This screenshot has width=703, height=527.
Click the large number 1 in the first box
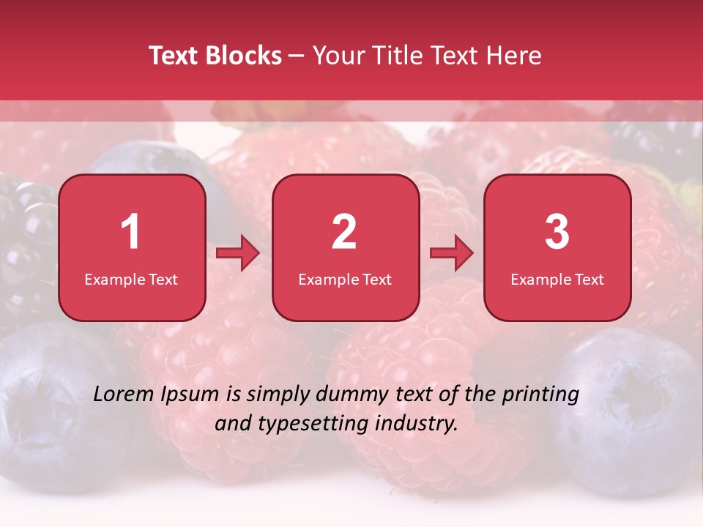click(x=130, y=232)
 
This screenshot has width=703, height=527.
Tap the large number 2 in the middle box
click(x=344, y=232)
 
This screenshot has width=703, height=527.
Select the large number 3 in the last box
click(x=557, y=232)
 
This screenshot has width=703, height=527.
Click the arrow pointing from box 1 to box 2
click(x=238, y=254)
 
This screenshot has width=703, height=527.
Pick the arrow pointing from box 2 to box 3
click(x=452, y=254)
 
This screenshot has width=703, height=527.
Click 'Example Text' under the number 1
click(x=131, y=279)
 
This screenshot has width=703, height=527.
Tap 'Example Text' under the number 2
click(x=345, y=279)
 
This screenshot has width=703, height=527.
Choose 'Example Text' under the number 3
click(x=557, y=279)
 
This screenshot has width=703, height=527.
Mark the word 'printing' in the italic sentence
click(x=540, y=395)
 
